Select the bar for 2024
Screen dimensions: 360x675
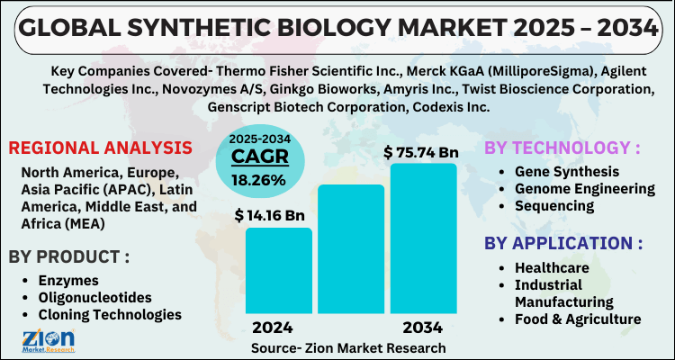coord(278,270)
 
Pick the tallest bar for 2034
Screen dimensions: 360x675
coord(422,238)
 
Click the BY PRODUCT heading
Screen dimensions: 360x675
coord(69,256)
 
